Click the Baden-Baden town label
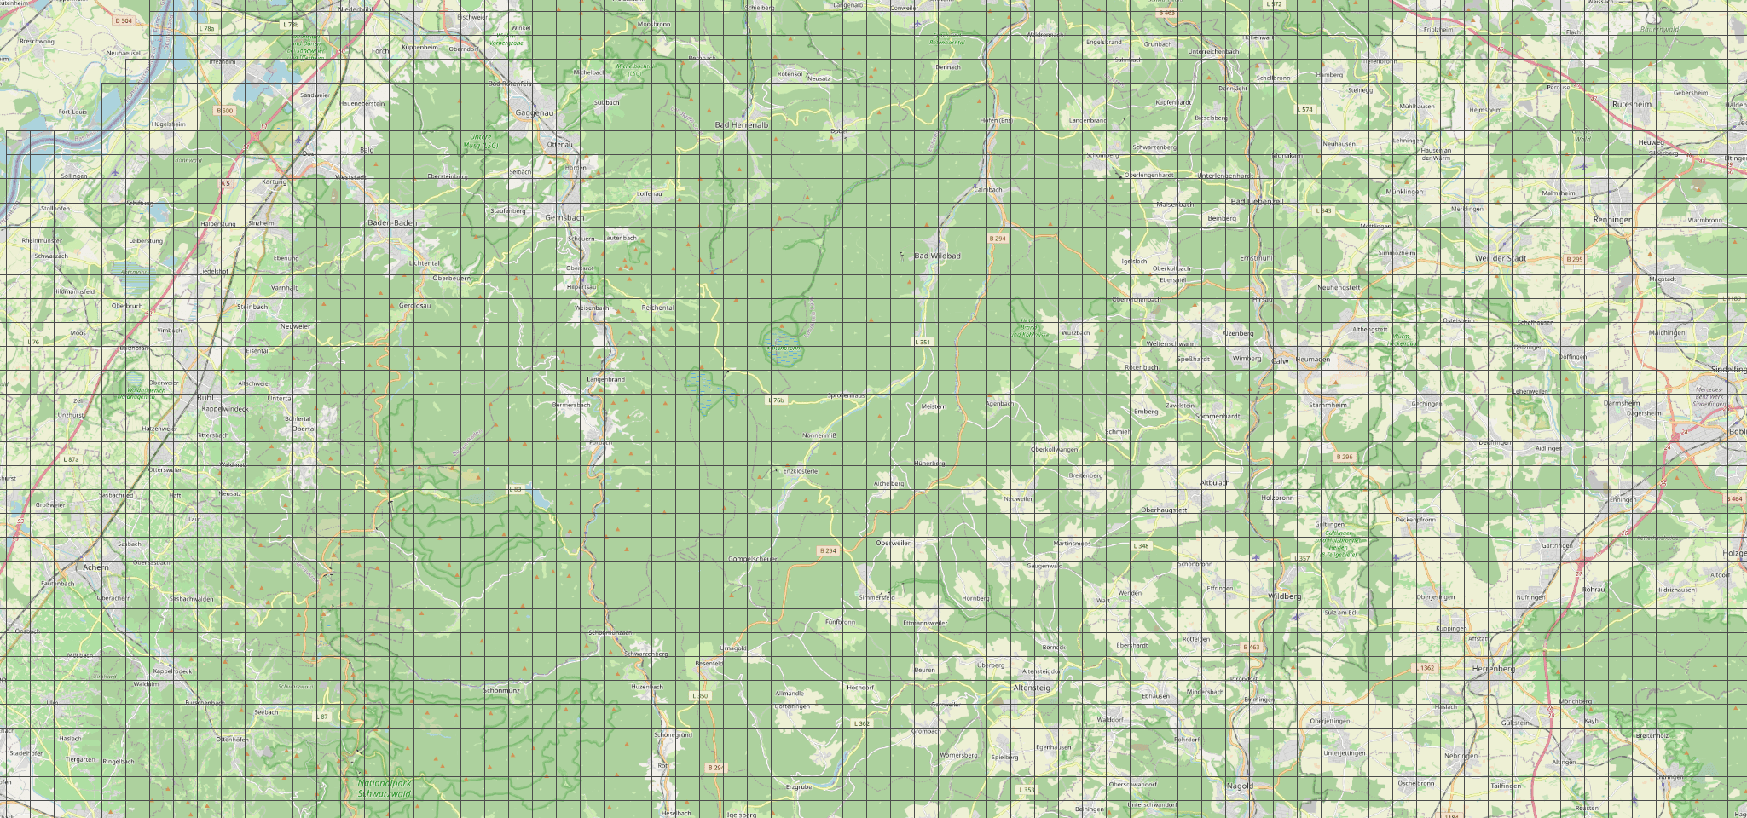[391, 222]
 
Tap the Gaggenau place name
[535, 112]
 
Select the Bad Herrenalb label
[741, 124]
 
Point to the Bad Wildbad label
[937, 256]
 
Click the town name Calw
[1281, 360]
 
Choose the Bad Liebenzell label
[1257, 201]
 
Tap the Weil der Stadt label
[1500, 258]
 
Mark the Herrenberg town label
[1493, 669]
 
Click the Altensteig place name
[1032, 687]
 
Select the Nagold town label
[1240, 786]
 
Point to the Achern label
[95, 567]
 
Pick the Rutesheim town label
[1632, 104]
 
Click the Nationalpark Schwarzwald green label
[384, 788]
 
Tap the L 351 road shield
[923, 342]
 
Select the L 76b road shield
[776, 400]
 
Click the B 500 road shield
[225, 111]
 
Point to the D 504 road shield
[124, 20]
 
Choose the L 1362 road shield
[1426, 668]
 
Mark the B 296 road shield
[1344, 457]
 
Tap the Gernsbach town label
[564, 218]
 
